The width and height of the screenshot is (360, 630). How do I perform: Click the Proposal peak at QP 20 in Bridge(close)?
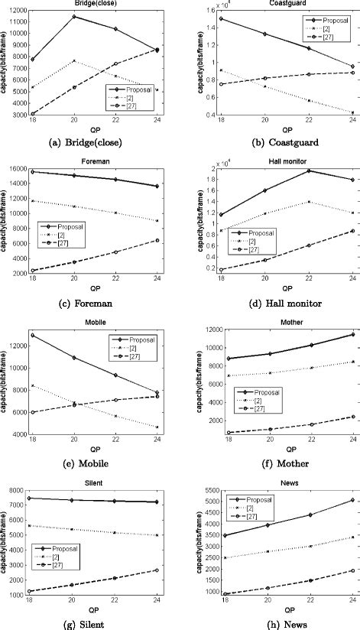coord(73,16)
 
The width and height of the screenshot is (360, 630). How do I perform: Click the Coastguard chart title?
coord(271,5)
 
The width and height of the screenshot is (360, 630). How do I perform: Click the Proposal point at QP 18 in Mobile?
coord(32,335)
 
